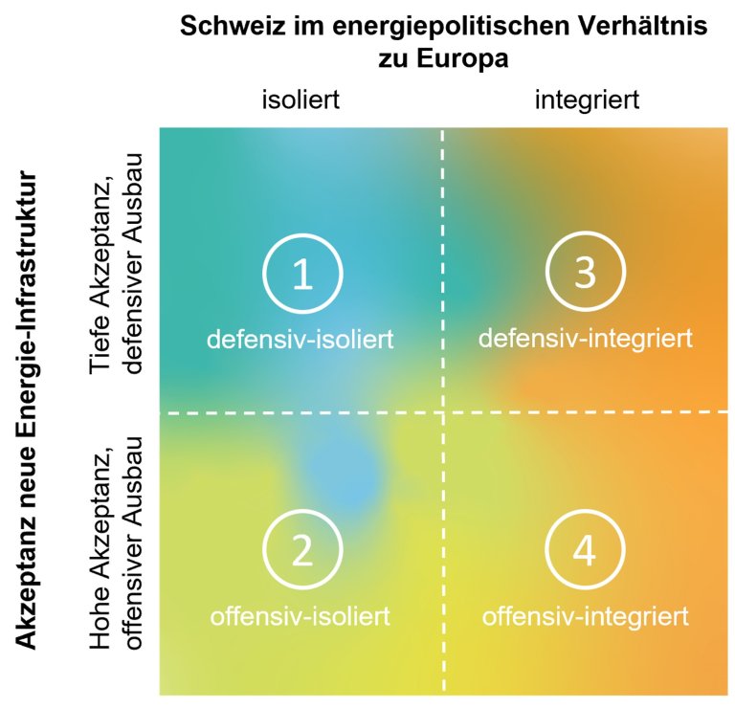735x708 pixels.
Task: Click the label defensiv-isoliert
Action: coord(301,340)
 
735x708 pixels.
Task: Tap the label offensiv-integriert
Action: coord(586,616)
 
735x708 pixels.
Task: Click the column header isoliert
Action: coord(301,100)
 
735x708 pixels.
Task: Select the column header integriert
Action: coord(587,100)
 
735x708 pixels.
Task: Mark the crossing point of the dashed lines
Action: coord(443,412)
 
